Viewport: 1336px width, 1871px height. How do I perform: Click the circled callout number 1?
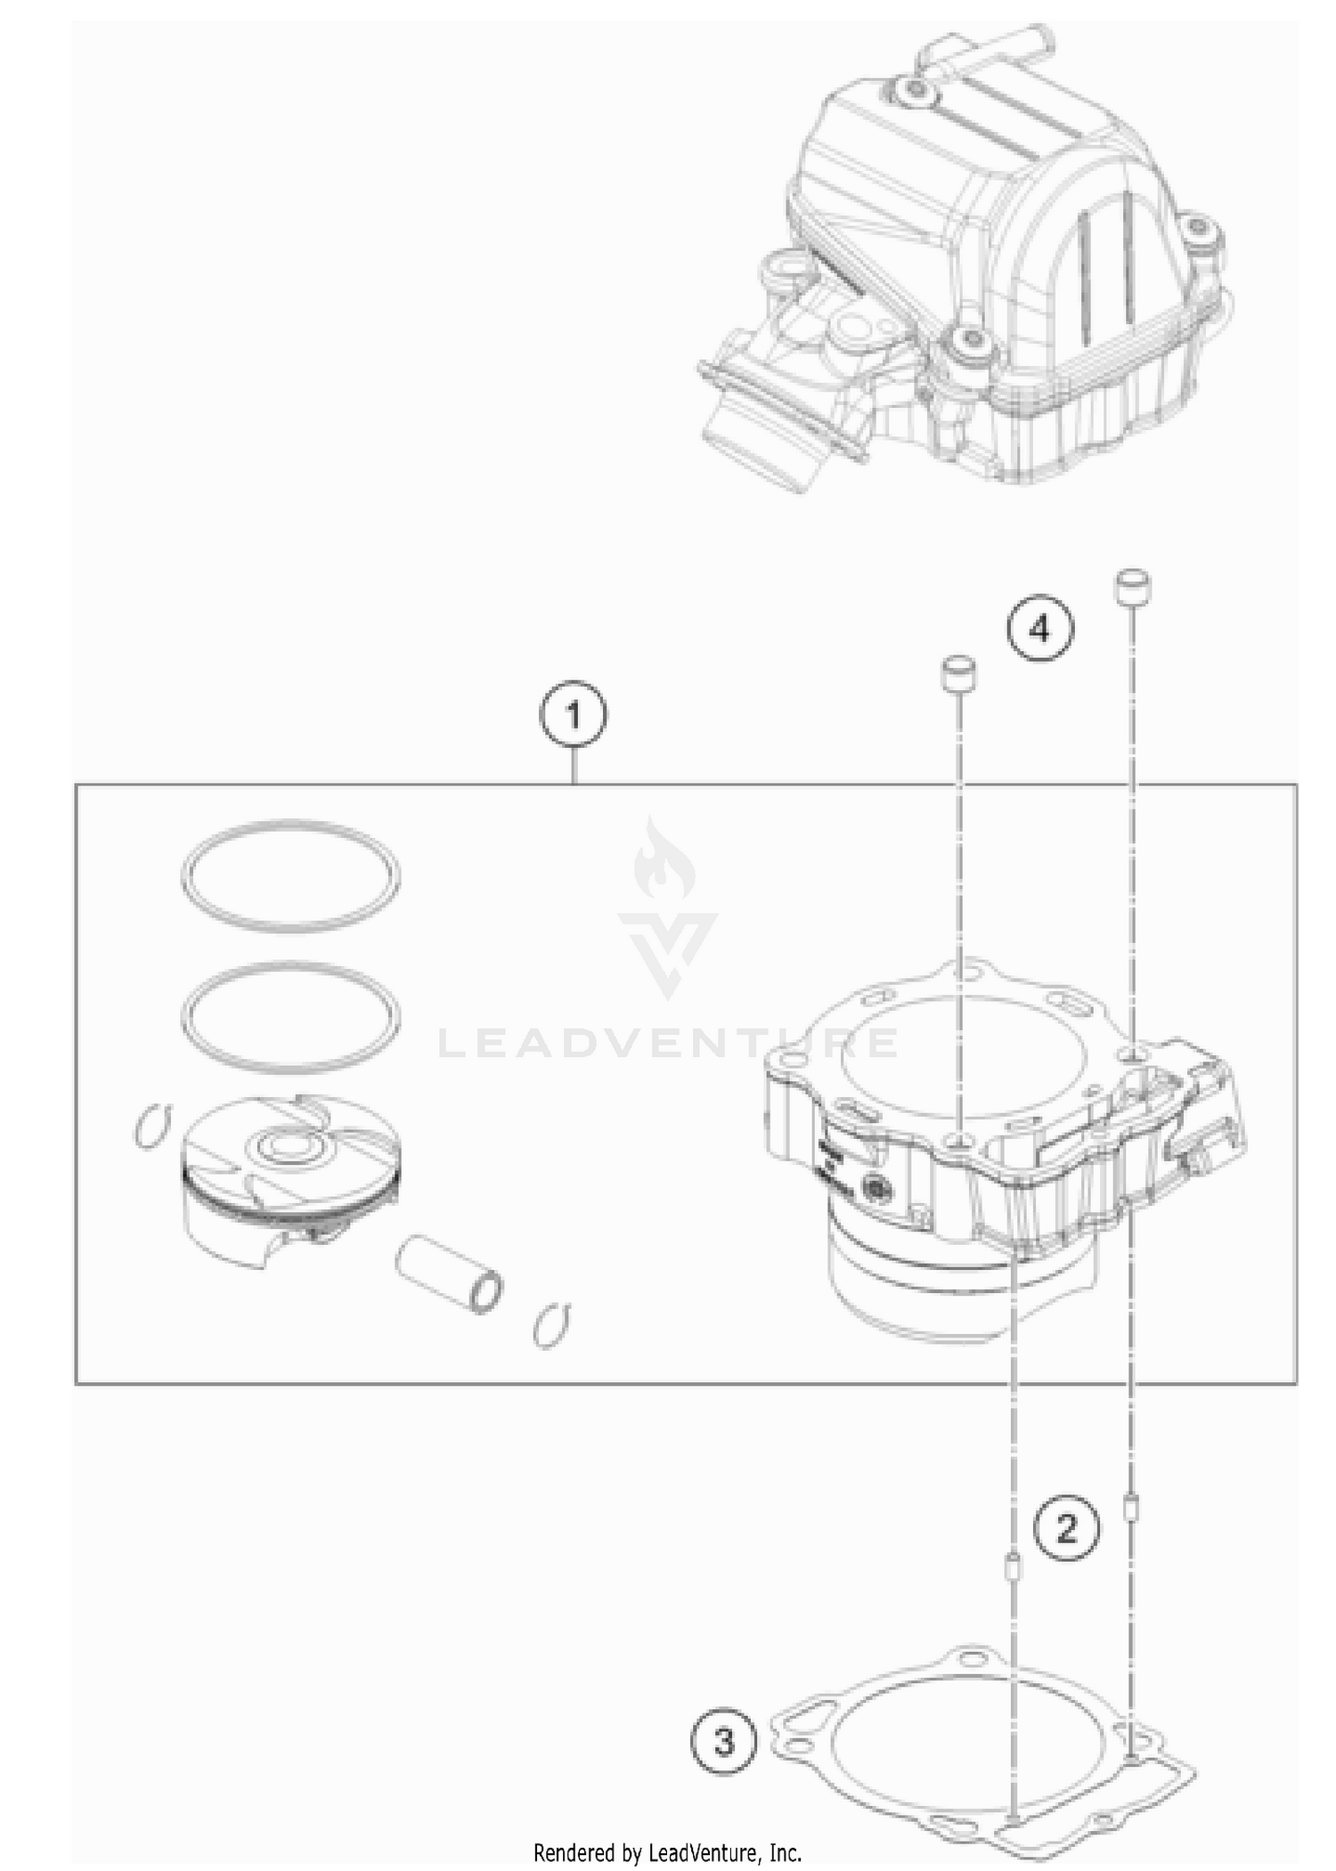(574, 716)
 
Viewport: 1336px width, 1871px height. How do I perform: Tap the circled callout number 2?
(1066, 1530)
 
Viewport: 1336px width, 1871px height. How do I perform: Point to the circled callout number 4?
(1040, 630)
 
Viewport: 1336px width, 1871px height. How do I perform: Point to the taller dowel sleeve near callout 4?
(1133, 589)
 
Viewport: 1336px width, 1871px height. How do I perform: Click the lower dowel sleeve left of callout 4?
(958, 674)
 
